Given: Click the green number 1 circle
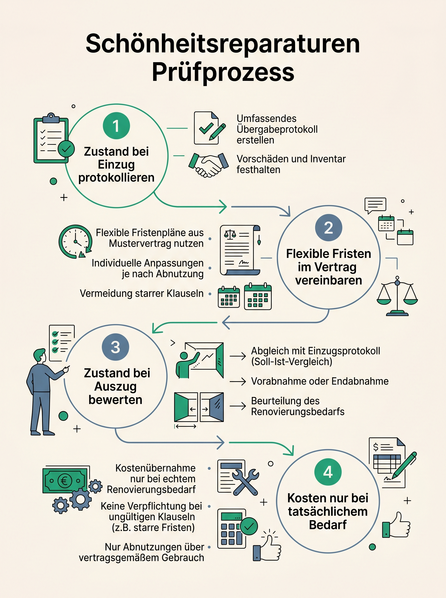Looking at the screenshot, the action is click(x=116, y=126).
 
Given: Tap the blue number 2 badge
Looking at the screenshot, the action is click(x=329, y=227).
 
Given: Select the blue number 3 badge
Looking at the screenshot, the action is click(x=115, y=347).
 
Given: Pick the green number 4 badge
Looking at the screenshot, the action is click(x=328, y=472).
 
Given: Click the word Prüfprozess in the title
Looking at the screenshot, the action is click(x=223, y=73).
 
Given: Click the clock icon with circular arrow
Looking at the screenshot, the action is click(x=76, y=241).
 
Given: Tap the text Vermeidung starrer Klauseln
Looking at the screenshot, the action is click(x=142, y=293).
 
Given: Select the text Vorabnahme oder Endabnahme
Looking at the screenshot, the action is click(x=320, y=381).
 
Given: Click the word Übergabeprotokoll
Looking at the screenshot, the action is click(x=277, y=129).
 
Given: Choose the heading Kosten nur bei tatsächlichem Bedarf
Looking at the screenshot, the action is click(x=328, y=511).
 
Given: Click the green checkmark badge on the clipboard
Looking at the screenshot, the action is click(x=66, y=149).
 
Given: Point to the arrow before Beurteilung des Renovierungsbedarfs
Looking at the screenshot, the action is click(x=238, y=406).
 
